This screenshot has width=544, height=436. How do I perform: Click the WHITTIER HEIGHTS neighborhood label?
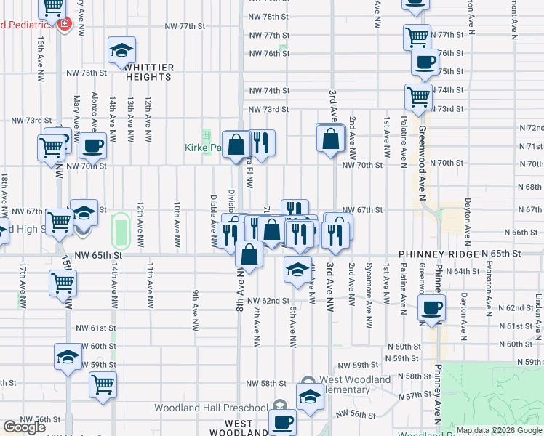point(150,71)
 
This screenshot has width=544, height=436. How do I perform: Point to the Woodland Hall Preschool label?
point(209,408)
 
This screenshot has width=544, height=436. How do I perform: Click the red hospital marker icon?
point(65,24)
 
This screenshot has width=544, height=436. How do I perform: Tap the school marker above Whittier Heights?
point(121,51)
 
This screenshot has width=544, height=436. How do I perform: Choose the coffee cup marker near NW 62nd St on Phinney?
point(432,307)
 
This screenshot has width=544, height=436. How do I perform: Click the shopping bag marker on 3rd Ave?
point(330,138)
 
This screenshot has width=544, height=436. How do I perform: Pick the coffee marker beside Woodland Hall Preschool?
point(282,421)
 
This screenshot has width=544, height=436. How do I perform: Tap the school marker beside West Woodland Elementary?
point(310,398)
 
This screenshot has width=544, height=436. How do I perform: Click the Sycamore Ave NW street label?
point(369,294)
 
